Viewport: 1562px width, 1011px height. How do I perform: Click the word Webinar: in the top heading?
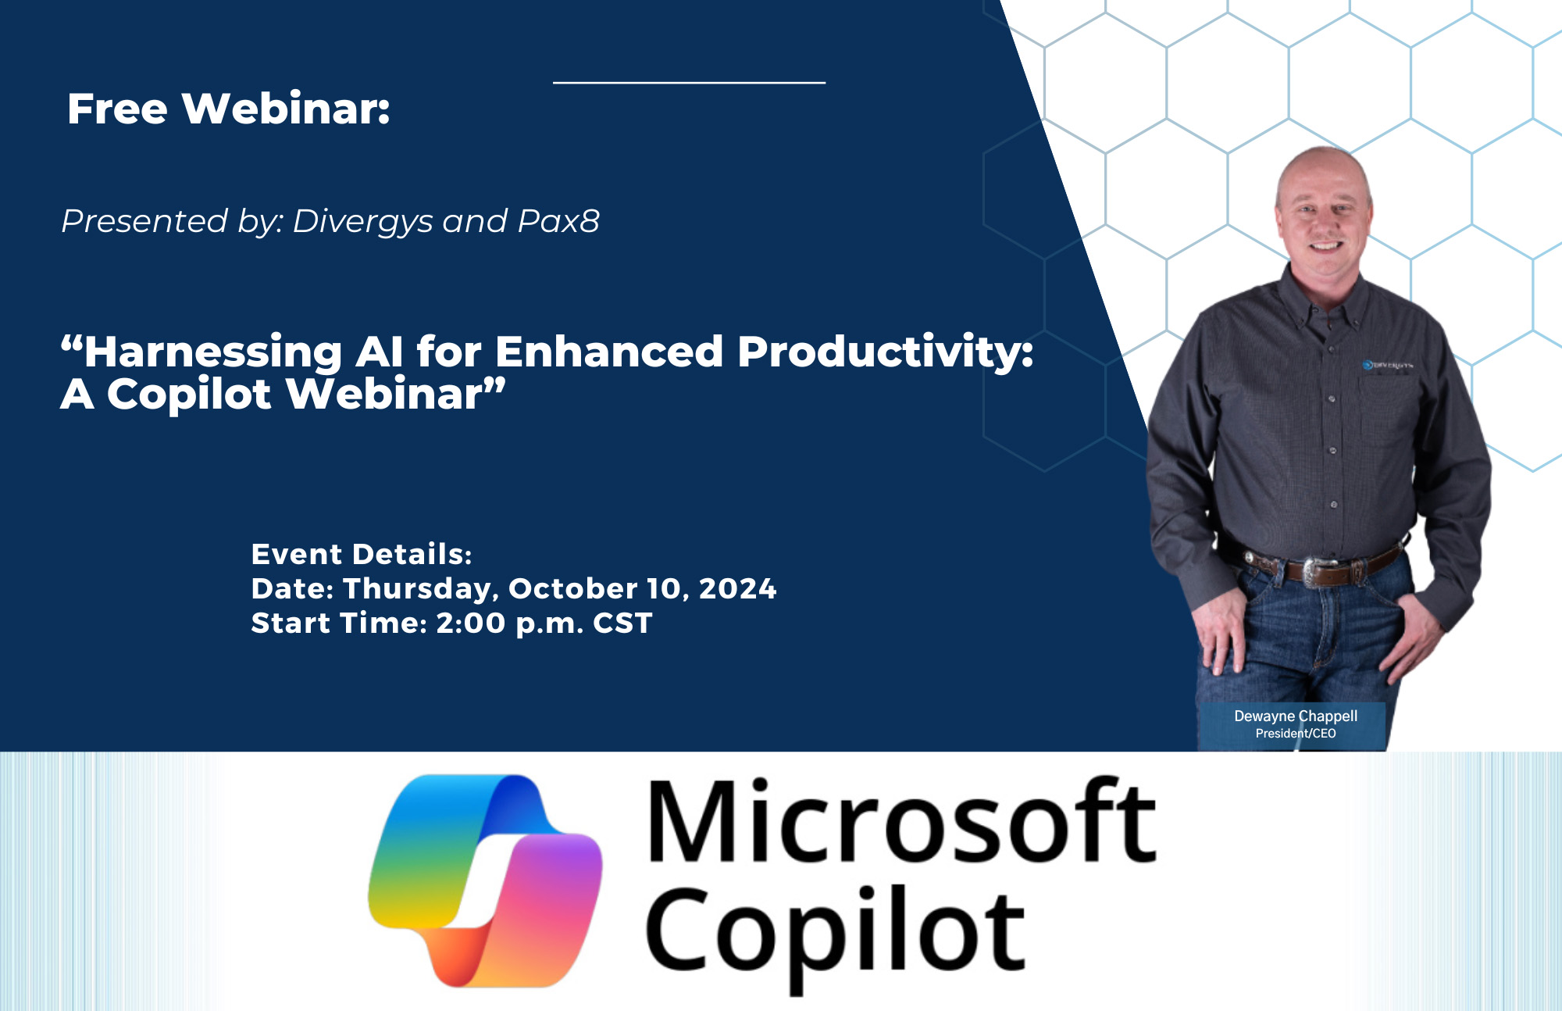coord(286,109)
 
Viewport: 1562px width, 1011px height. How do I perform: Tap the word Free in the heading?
coord(117,109)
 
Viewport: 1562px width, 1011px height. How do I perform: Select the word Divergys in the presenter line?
coord(362,222)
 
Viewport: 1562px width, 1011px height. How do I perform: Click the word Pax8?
coord(558,222)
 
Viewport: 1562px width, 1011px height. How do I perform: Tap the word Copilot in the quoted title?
coord(189,394)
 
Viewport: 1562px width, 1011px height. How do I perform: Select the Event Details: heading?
coord(362,554)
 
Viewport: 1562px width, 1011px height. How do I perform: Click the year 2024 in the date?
coord(737,588)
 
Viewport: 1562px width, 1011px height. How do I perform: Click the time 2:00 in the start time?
coord(471,623)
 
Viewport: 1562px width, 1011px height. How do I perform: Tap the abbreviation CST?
coord(622,623)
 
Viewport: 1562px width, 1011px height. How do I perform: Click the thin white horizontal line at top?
coord(689,82)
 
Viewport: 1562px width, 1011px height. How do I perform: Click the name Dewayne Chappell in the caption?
coord(1295,716)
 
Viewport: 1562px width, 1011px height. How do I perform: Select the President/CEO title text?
coord(1295,734)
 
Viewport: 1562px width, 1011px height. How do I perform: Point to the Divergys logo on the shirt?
coord(1388,365)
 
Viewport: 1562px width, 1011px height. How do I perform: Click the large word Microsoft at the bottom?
coord(902,823)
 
